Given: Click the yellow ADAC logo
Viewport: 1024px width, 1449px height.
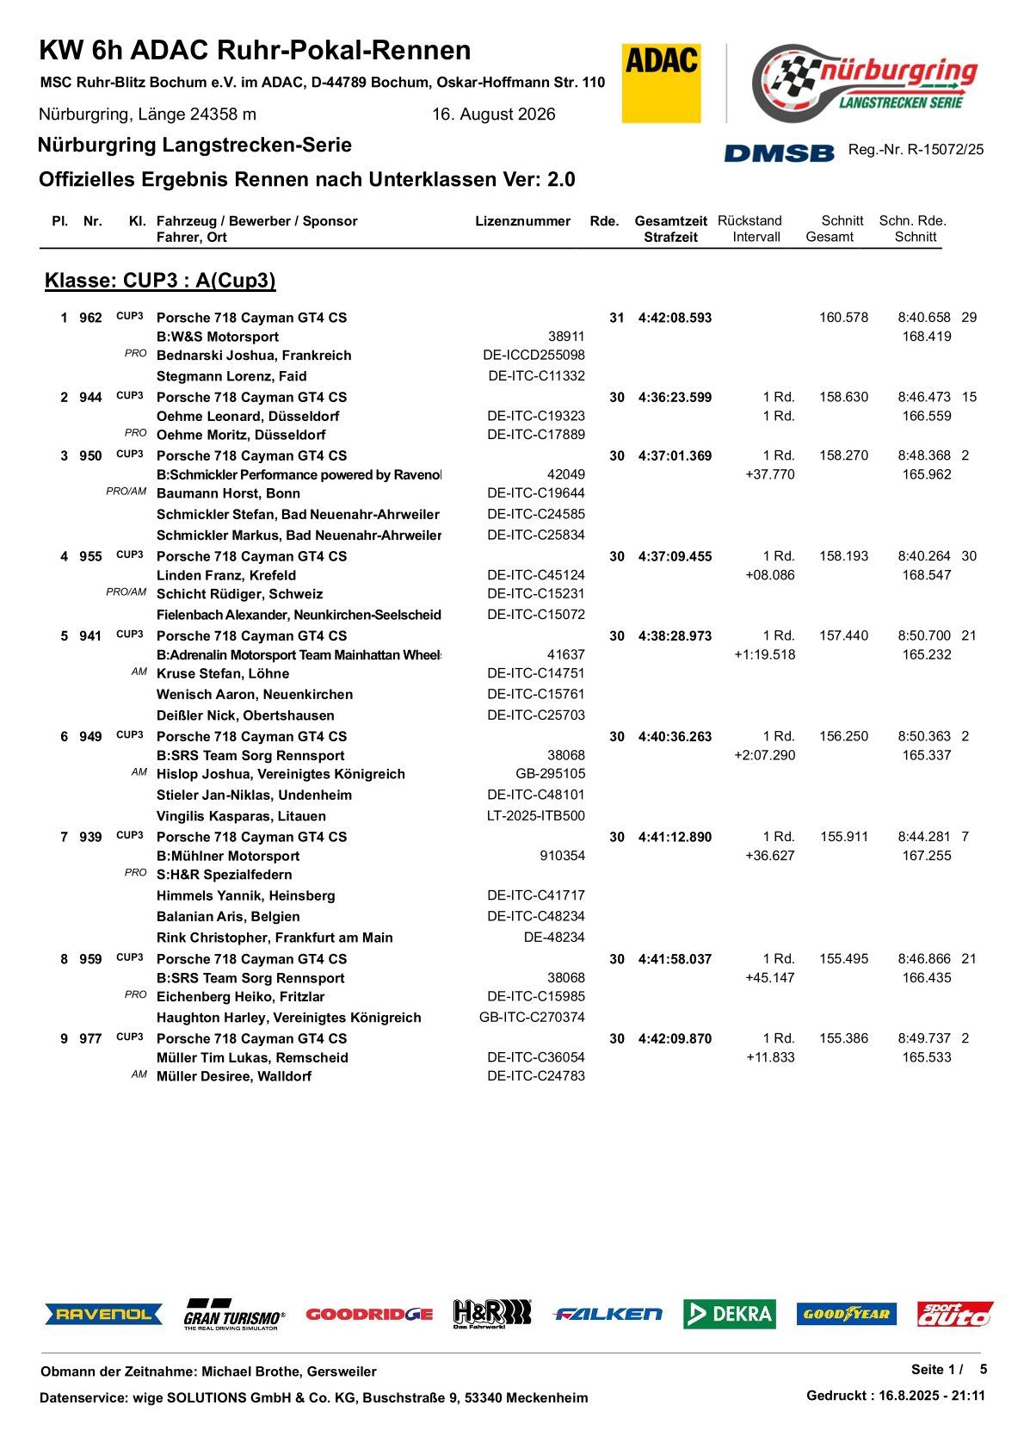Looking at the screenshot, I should point(661,83).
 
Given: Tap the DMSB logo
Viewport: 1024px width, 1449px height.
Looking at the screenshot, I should point(779,152).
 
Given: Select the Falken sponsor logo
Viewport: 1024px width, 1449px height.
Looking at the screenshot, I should point(608,1314).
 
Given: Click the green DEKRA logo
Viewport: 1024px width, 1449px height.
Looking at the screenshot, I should point(730,1314).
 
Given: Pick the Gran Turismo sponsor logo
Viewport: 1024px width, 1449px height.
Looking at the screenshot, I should point(233,1315).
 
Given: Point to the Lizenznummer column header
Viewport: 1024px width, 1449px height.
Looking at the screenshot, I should point(522,221).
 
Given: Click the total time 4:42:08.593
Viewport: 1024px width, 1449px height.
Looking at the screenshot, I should point(675,318).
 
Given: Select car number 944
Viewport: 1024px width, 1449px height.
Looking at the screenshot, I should point(90,398).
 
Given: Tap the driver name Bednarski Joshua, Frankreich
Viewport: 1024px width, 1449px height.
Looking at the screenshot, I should point(254,356).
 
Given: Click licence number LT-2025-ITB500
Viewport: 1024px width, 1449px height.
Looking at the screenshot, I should point(535,816).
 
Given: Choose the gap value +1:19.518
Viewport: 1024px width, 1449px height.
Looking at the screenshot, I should point(764,655).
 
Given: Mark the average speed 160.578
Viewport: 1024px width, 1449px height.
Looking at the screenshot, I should point(843,318).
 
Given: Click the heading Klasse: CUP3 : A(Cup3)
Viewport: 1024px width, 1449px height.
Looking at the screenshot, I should point(160,281).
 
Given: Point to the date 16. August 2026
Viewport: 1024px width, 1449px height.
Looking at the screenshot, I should point(493,115).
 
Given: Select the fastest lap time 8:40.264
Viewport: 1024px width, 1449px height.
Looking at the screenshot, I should point(924,556).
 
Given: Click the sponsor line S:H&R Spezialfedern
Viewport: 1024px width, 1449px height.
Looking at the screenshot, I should point(224,875).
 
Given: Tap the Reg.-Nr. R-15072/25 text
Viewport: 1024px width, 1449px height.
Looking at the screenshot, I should point(916,150).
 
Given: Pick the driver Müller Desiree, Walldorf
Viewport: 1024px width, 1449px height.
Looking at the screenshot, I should point(234,1076).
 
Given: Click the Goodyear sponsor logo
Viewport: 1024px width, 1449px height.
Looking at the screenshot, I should point(846,1314).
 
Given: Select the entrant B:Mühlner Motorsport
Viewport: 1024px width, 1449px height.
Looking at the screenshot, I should point(228,856).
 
